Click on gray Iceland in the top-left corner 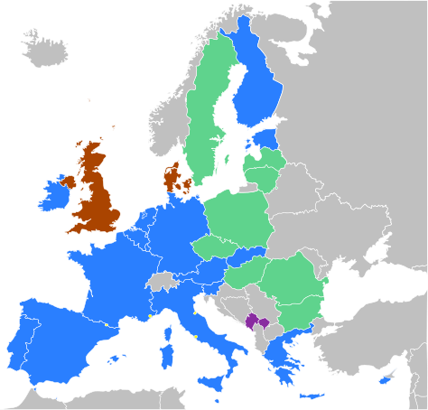[51, 51]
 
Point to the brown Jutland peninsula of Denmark [171, 175]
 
